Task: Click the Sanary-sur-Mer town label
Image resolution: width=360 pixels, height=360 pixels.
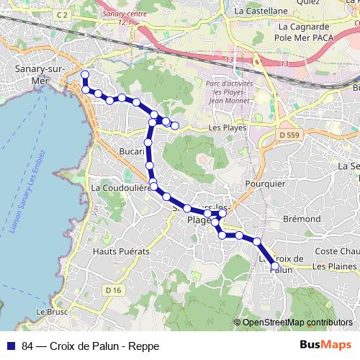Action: [x=40, y=74]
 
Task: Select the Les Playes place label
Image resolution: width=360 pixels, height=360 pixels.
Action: [x=227, y=127]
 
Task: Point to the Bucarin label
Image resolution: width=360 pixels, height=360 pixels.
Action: [x=132, y=153]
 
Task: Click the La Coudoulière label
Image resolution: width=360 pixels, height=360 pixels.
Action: [x=120, y=187]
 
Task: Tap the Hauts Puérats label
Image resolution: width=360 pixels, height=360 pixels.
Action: [x=121, y=251]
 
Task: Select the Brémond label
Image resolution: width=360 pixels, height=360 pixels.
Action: [x=302, y=218]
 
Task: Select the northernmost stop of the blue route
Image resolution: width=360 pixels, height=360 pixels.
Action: [x=85, y=75]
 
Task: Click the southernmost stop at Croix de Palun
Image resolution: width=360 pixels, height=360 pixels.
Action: [x=274, y=267]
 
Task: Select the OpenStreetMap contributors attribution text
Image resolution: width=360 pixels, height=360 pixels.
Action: [x=297, y=322]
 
